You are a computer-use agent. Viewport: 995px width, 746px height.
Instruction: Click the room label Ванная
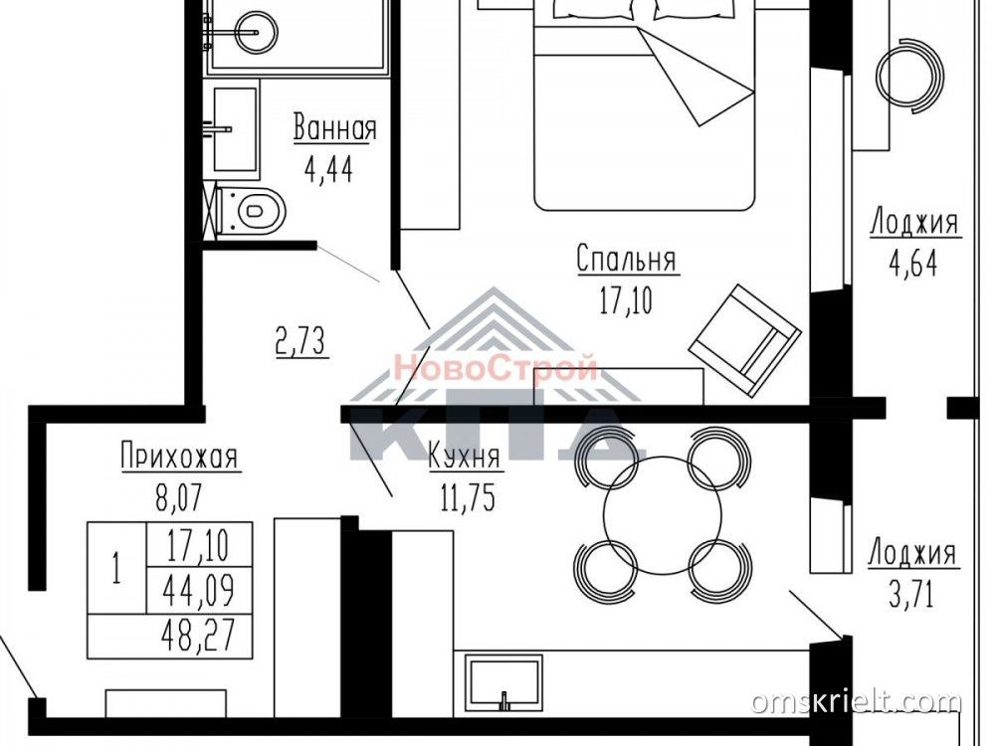coord(334,128)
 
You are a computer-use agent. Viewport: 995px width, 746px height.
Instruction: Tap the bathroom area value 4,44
coord(328,169)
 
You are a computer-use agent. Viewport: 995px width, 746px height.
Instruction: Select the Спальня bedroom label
coord(627,260)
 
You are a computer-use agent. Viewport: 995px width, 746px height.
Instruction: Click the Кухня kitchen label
coord(465,456)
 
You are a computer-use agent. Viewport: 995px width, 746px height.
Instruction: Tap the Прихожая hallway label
coord(179,457)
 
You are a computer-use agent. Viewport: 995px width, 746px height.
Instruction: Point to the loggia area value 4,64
coord(913,264)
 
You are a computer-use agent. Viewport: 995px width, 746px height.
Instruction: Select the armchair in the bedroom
coord(745,340)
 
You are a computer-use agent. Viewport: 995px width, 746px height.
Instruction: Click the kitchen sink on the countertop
coord(503,683)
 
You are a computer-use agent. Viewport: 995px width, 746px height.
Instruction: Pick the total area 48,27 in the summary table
coord(199,636)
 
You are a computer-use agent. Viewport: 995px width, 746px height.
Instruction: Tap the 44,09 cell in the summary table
coord(199,591)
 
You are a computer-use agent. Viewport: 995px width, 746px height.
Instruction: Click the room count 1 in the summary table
coord(116,568)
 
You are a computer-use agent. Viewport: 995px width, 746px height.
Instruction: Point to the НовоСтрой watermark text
coord(496,367)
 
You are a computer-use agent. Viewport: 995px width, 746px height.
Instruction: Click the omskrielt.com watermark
coord(856,702)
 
